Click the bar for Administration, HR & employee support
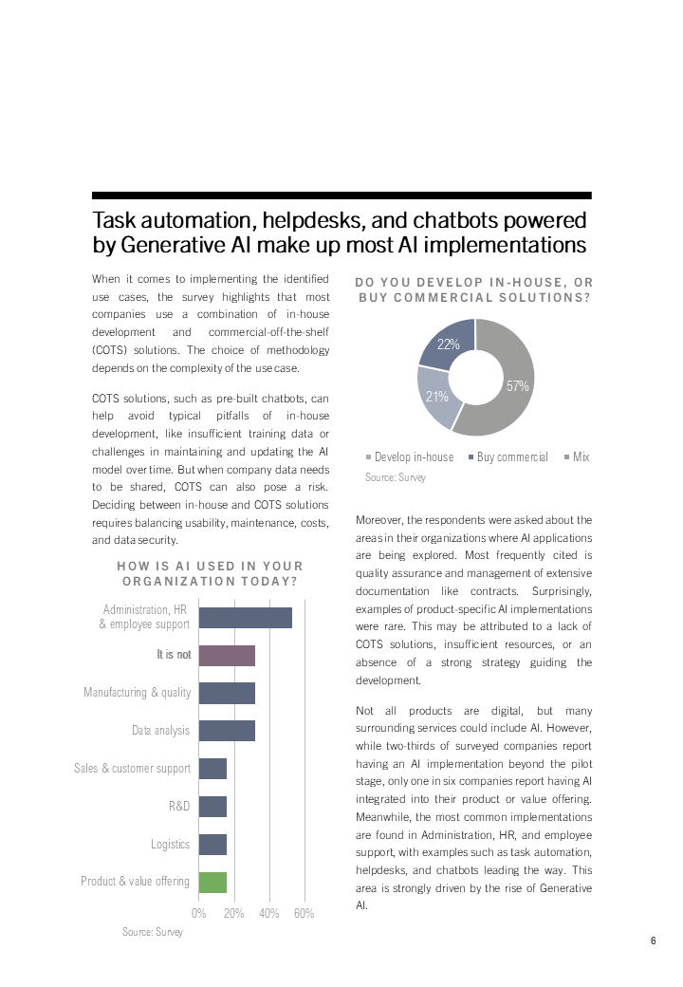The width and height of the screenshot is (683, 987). pos(246,617)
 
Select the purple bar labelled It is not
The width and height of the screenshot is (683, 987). pos(228,655)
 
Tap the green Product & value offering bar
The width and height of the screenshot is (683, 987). pos(213,882)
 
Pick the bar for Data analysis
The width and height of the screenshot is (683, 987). pos(228,731)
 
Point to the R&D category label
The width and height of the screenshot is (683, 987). pos(179,807)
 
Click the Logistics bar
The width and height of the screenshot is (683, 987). pos(213,845)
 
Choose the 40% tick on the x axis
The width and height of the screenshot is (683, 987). pos(269,913)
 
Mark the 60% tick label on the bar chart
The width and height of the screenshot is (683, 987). pos(305,913)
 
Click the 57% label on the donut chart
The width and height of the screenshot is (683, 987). pos(518,386)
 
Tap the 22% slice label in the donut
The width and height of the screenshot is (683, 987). pos(449,345)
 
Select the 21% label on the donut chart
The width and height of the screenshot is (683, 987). pos(436,396)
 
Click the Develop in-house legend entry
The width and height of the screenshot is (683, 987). pos(410,457)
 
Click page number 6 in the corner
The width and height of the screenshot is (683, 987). pos(654,941)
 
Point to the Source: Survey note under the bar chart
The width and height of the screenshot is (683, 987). pos(153,932)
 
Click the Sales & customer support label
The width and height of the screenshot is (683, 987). pos(133,769)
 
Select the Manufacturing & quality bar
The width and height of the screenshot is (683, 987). pos(228,693)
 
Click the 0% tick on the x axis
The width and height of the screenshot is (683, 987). pos(199,913)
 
